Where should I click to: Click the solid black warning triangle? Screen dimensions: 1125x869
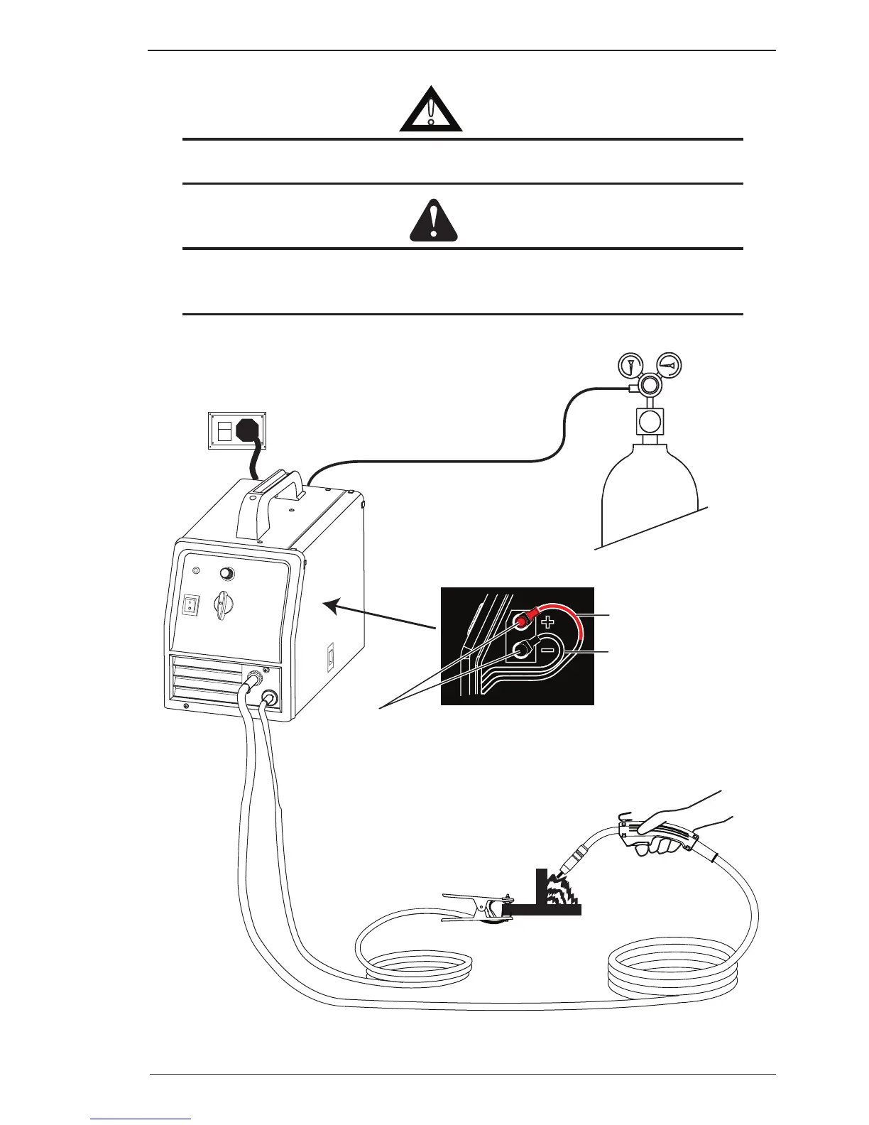tap(434, 222)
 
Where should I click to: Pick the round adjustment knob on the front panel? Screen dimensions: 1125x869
tap(227, 574)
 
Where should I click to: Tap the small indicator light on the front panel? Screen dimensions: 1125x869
tap(197, 571)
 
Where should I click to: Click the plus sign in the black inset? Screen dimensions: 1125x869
tap(547, 623)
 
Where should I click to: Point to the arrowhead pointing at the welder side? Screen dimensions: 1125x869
tap(330, 605)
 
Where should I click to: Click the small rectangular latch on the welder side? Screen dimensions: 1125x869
tap(330, 657)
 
